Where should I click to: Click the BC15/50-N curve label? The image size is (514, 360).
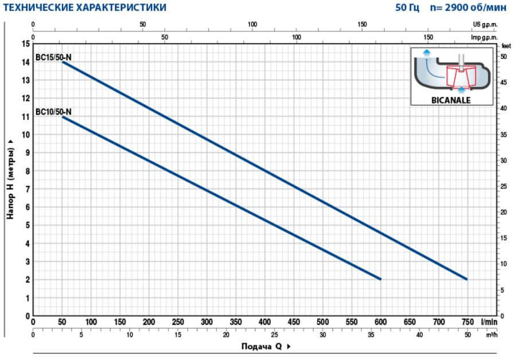pos(53,57)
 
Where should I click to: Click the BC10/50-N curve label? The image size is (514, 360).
pos(53,112)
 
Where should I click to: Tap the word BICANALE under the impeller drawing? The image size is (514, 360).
pos(451,100)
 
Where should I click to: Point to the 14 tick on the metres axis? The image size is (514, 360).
pos(26,62)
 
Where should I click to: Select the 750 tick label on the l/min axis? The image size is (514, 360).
pos(468,322)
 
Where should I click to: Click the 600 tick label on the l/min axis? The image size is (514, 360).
pos(380,322)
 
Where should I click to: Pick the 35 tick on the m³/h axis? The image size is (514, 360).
pos(371,335)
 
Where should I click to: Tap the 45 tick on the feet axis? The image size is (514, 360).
pos(504,83)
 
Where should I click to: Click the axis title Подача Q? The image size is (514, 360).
pos(262,347)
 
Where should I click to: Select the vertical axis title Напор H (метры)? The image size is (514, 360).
pos(10,183)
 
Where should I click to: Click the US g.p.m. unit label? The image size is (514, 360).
pos(485,25)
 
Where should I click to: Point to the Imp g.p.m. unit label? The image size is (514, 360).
pos(484,37)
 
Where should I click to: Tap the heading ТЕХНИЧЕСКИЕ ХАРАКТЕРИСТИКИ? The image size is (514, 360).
pos(84,7)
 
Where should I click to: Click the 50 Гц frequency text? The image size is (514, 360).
pos(407,7)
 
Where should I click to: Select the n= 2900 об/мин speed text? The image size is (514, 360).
pos(469,7)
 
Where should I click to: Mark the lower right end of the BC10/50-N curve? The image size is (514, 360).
pos(380,279)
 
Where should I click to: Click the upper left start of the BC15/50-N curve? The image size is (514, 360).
pos(63,62)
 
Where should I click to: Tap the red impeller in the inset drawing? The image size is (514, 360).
pos(461,77)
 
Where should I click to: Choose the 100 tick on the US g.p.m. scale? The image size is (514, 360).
pos(252,25)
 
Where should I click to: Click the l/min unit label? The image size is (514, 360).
pos(489,322)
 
